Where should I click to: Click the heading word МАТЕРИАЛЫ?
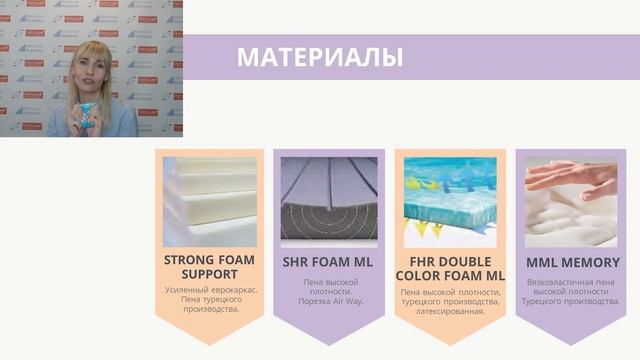pos(319,57)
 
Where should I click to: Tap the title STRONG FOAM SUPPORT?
pos(209,267)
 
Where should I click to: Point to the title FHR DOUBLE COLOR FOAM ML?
pos(450,268)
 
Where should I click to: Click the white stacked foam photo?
pos(209,201)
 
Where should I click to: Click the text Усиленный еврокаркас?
pos(209,289)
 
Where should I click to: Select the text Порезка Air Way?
pos(328,301)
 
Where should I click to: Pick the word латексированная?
pos(450,311)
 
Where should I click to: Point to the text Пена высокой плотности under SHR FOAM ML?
pos(328,286)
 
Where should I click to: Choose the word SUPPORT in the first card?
pos(209,274)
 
